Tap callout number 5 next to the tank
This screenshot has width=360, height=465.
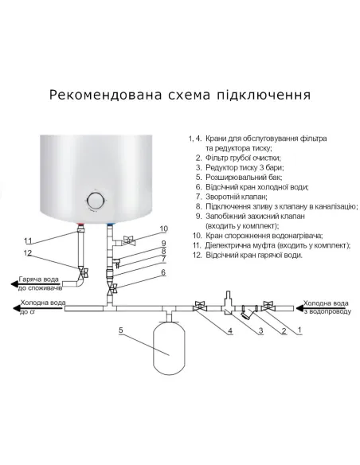tap(120, 329)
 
